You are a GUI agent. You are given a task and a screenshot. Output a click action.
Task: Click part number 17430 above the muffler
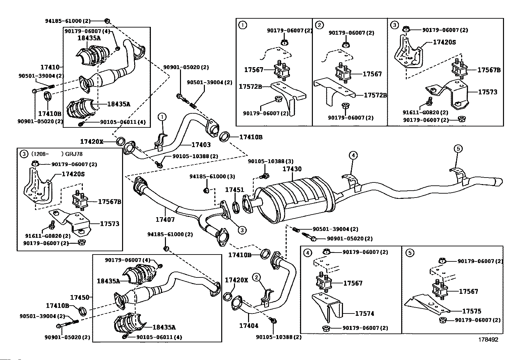coord(292,169)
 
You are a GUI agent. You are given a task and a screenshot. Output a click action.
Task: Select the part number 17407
coord(165,219)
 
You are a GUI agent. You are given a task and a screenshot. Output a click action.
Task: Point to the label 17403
coord(201,145)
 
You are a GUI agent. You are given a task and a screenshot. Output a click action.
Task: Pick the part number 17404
coord(248,326)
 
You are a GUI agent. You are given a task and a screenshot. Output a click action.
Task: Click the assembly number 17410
coord(50,67)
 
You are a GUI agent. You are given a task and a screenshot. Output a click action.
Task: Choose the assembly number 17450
coord(79,297)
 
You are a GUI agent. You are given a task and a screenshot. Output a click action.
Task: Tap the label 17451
coord(234,190)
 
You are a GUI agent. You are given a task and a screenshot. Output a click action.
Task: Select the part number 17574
coord(365,313)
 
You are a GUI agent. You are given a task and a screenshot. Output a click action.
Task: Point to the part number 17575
coord(472,311)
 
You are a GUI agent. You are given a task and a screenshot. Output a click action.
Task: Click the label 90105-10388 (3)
coord(270,161)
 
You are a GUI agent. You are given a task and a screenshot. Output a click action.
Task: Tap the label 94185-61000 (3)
coord(212,177)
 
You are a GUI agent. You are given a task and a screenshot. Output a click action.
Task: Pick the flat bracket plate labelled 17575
coord(425,305)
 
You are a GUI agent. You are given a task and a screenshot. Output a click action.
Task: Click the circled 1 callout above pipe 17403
coord(163,117)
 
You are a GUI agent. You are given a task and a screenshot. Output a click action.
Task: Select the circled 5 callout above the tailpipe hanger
coord(458,149)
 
